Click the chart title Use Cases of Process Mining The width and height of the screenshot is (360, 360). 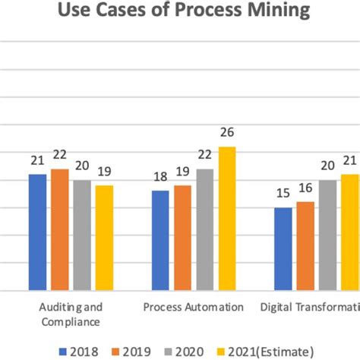point(180,11)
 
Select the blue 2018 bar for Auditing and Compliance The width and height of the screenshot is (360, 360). point(38,232)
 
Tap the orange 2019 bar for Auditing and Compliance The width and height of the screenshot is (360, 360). point(60,229)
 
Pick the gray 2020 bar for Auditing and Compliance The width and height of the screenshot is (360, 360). point(82,235)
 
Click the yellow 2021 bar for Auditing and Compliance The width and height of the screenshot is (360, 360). point(104,238)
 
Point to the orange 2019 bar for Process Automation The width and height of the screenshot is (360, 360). point(182,238)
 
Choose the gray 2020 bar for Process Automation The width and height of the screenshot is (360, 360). point(204,229)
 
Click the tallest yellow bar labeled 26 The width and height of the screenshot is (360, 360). point(226,218)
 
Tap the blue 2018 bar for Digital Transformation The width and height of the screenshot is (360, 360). point(283,248)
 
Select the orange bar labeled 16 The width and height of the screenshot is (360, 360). point(305,245)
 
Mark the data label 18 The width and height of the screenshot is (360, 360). point(160,178)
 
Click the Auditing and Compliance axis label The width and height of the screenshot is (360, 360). point(70,314)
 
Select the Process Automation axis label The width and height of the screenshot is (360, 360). point(194,308)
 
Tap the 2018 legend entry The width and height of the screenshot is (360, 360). point(79,351)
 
